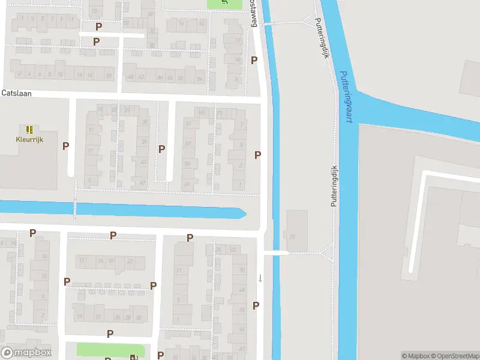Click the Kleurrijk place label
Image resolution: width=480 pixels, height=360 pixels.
(29, 139)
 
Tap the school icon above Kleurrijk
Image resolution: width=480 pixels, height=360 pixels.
(29, 129)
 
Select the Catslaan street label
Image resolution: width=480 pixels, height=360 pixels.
(16, 93)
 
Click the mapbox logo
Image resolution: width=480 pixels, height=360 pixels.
(26, 353)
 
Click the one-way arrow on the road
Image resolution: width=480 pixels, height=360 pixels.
(260, 277)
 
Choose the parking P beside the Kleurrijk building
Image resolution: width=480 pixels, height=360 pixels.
(65, 146)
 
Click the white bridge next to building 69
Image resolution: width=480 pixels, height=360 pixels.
(275, 253)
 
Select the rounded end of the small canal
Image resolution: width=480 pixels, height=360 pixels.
(242, 213)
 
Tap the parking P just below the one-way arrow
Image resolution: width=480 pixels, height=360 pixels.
(256, 305)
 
